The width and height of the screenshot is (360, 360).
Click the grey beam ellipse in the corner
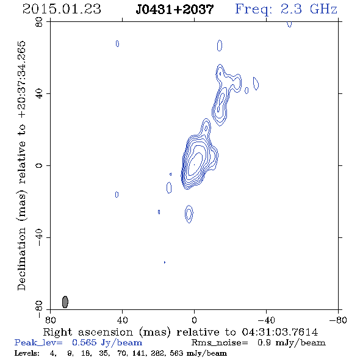point(65,302)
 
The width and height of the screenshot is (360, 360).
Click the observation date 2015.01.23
point(62,9)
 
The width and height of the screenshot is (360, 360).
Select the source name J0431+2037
point(175,9)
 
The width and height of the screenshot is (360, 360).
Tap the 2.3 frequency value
point(291,9)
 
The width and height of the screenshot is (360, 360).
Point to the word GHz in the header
point(323,9)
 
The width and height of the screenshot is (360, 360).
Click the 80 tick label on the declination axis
point(39,22)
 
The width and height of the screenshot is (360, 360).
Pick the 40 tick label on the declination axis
point(39,94)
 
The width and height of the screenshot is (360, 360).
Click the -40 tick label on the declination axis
point(39,237)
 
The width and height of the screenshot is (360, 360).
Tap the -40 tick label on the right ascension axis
point(266,320)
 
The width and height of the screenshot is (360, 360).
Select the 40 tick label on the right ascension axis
point(122,320)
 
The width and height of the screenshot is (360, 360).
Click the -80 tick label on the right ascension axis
point(338,320)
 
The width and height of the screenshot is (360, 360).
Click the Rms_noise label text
point(220,343)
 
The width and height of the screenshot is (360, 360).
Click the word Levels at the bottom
point(27,353)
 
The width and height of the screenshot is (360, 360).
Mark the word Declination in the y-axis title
point(21,259)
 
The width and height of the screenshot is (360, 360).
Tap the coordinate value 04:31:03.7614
point(279,332)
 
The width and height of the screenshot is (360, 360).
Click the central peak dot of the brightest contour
point(194,165)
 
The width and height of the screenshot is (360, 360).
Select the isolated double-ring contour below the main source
point(189,214)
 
